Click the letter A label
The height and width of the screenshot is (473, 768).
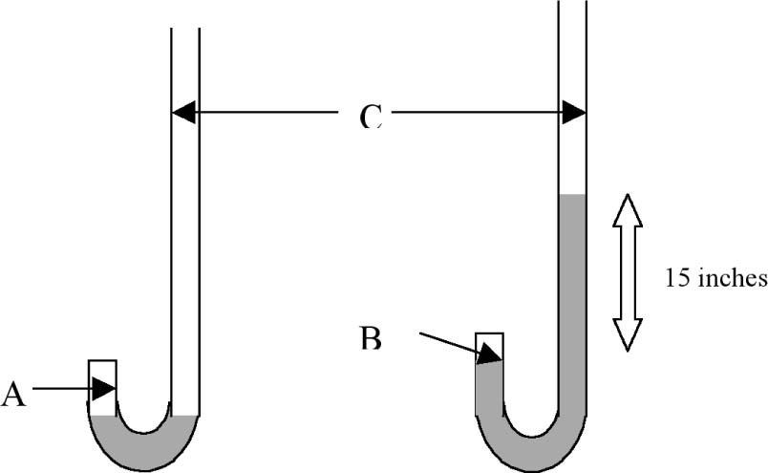(12, 393)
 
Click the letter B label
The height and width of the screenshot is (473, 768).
(371, 336)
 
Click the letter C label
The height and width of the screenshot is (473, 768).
(371, 117)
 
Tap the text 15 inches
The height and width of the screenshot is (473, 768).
(715, 278)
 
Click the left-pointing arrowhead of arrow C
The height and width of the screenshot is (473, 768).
(182, 113)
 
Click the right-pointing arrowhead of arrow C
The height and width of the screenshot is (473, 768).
(574, 113)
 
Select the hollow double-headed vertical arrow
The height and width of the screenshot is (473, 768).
(627, 271)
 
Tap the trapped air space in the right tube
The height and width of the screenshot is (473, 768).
(489, 344)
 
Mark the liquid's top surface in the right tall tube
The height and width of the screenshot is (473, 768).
(571, 196)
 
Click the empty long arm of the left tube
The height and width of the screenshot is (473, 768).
(184, 239)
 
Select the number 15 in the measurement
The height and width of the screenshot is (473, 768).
(675, 278)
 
